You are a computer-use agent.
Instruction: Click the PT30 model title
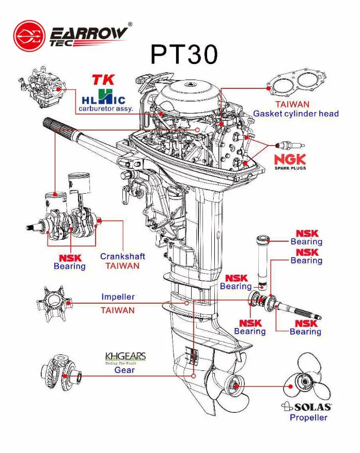point(184,54)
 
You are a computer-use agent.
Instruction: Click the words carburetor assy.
point(106,109)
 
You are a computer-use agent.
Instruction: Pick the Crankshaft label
point(122,256)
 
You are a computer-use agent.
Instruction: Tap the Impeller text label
point(118,297)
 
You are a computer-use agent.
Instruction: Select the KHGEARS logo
point(125,357)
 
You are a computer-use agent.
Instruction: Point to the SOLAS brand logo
point(306,407)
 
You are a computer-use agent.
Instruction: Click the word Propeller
point(308,417)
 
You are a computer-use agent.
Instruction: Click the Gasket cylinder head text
point(296,114)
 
